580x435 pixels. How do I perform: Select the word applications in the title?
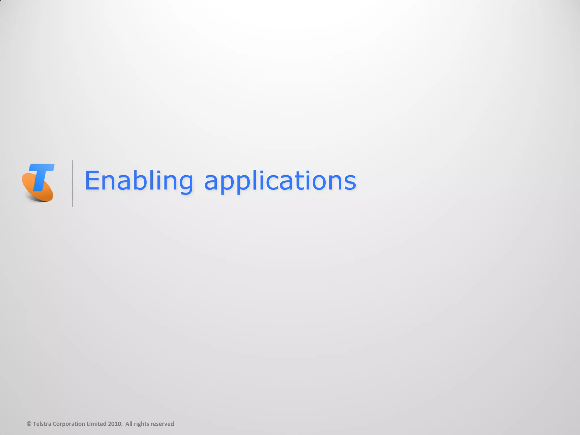coord(280,181)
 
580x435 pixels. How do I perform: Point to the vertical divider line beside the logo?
coord(72,183)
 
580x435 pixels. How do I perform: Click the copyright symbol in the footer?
coord(29,424)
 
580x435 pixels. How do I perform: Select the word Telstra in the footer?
coord(42,424)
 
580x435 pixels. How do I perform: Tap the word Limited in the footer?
coord(96,424)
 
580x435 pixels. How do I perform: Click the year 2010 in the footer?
coord(115,424)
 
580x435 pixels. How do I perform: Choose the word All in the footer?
coord(129,424)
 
